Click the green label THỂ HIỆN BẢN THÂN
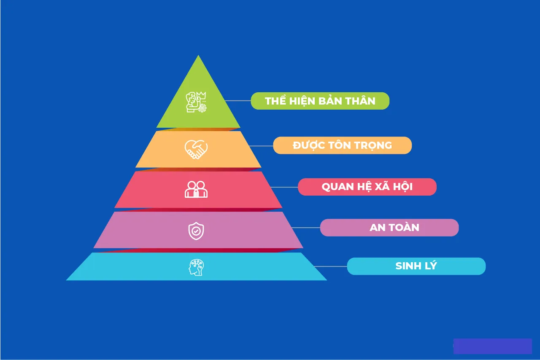click(320, 101)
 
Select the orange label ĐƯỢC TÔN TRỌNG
click(342, 145)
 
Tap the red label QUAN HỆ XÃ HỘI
click(367, 187)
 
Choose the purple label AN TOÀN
click(389, 228)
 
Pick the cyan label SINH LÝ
click(416, 266)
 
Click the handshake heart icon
click(196, 149)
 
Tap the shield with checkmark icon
click(196, 231)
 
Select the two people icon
click(196, 189)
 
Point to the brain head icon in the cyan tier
click(196, 267)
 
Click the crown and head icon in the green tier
click(196, 102)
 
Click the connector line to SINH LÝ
click(331, 266)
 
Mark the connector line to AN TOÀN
click(306, 228)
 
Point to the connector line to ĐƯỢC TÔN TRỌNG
click(261, 146)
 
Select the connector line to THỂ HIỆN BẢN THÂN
click(238, 101)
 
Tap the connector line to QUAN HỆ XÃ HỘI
click(284, 187)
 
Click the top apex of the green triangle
click(198, 55)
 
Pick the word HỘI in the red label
click(403, 186)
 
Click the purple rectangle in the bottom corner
click(492, 346)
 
